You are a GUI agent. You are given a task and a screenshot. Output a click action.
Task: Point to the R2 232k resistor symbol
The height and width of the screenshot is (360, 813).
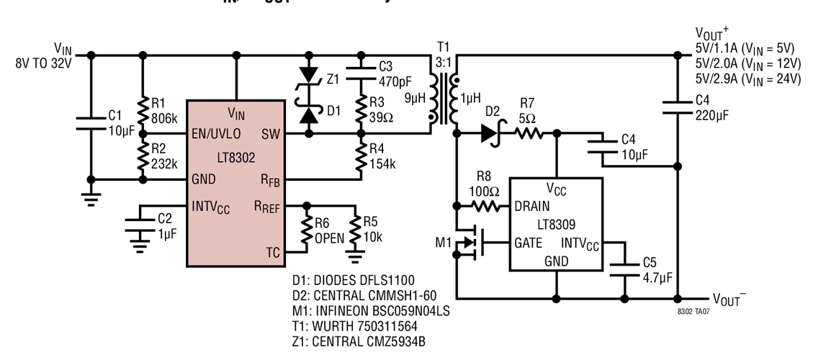tap(143, 156)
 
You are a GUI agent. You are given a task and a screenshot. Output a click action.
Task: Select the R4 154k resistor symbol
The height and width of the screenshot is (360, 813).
tap(360, 156)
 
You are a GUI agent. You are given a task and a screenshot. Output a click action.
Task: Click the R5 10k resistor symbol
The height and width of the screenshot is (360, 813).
tap(354, 229)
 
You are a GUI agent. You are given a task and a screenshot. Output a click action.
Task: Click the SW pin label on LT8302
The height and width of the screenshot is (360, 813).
tap(271, 134)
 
